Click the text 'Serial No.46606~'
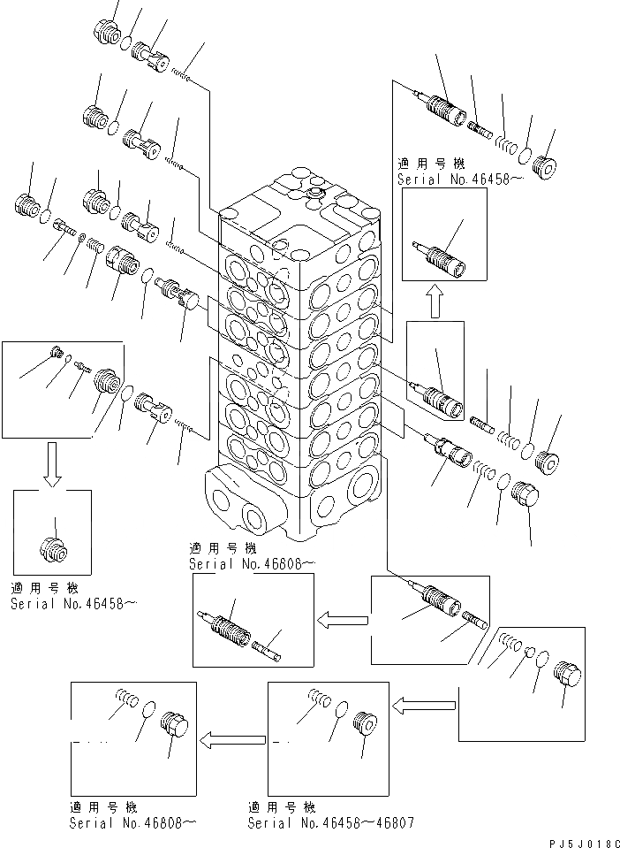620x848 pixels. tap(250, 562)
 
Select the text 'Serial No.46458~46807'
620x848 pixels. tap(330, 822)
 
